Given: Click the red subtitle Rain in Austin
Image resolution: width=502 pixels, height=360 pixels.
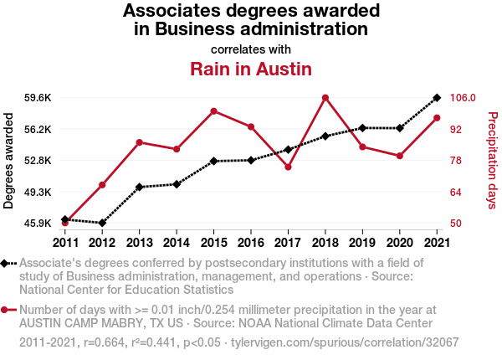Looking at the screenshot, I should click(x=251, y=68).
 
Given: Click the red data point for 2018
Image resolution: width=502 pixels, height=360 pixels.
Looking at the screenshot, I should click(x=325, y=98).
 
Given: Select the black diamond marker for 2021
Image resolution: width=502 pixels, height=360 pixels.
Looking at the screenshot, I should click(x=437, y=98).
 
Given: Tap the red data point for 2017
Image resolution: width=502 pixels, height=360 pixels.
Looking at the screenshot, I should click(x=288, y=167).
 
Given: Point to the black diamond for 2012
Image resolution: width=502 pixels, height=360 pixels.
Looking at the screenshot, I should click(x=102, y=223).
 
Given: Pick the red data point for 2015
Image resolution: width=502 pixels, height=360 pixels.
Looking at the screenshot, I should click(x=214, y=111).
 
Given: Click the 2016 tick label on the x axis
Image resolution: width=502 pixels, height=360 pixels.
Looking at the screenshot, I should click(x=251, y=243).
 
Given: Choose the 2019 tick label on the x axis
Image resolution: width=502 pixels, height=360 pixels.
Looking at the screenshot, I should click(x=362, y=243).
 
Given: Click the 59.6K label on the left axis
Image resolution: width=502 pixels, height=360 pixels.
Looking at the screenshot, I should click(x=38, y=98).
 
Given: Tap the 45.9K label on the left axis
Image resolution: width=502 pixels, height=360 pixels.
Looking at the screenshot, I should click(x=38, y=224).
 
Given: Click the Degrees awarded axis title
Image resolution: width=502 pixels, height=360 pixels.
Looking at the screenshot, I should click(x=9, y=161).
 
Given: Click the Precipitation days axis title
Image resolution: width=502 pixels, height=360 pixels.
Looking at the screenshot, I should click(x=493, y=161).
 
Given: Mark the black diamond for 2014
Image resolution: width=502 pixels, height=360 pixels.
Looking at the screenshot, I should click(x=177, y=184).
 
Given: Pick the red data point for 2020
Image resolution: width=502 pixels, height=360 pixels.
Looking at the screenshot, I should click(x=400, y=156).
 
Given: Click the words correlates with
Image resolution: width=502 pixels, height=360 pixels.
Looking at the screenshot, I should click(x=251, y=49).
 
